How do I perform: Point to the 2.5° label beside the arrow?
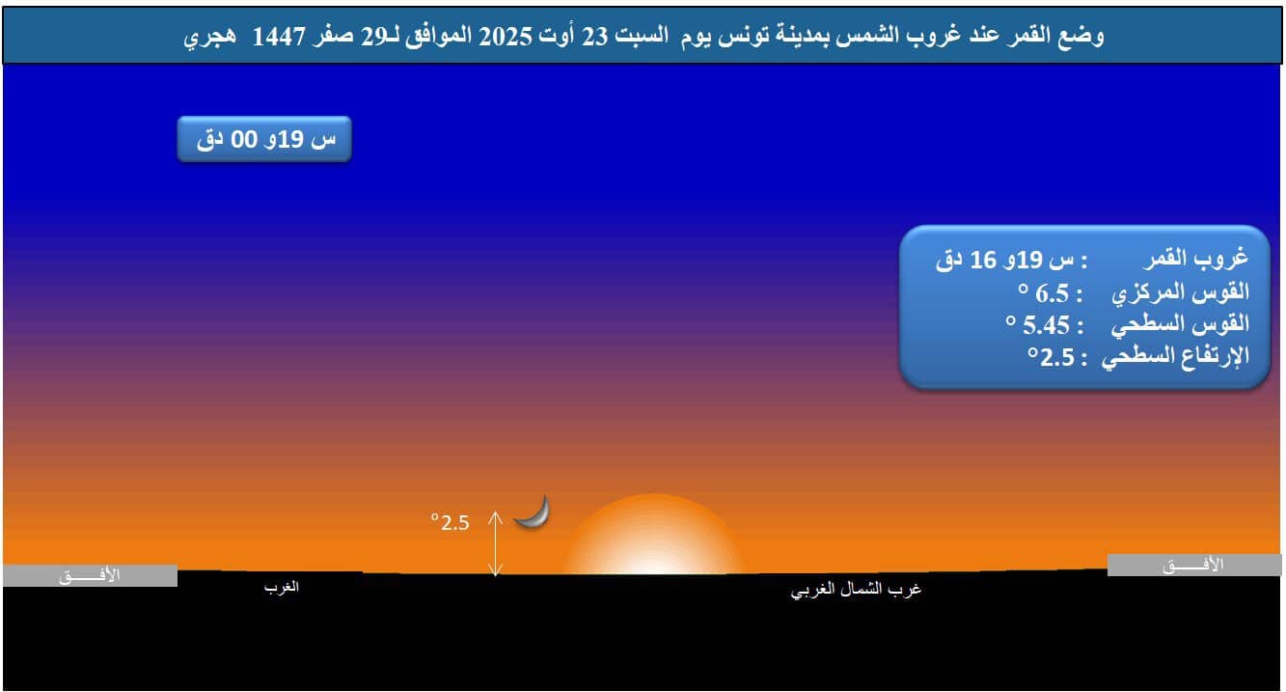click(451, 522)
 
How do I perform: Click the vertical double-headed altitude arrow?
click(495, 543)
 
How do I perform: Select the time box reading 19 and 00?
click(264, 139)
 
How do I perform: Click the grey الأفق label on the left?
click(90, 575)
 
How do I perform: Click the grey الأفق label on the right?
click(1194, 566)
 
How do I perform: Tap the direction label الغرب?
click(282, 587)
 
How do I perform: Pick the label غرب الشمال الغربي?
click(856, 590)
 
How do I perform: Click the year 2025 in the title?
click(506, 37)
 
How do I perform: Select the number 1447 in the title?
click(279, 37)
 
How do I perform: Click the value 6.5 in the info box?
click(1052, 293)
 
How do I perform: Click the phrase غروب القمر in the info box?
click(1196, 258)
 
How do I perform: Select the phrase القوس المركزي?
click(1180, 292)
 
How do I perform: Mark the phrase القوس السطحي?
click(1180, 324)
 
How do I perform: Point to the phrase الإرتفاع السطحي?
click(1175, 357)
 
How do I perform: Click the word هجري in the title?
click(210, 37)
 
